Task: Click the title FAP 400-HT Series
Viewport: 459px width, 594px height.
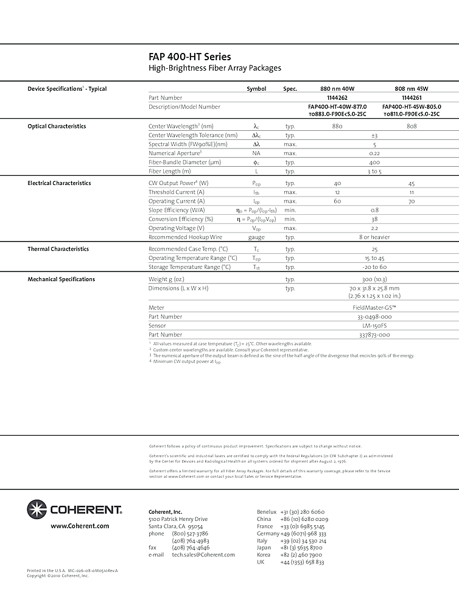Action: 190,57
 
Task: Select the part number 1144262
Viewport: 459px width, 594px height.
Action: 337,97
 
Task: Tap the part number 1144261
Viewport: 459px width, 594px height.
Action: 412,97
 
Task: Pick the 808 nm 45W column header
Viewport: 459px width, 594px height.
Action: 412,89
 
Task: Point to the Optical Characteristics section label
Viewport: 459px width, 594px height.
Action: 57,127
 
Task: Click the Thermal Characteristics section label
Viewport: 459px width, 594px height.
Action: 58,249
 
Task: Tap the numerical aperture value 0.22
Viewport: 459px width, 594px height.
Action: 374,153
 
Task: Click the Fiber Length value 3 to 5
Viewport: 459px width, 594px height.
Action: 374,172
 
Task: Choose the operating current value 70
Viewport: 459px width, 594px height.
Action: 412,201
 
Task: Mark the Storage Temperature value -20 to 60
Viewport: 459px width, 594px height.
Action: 374,267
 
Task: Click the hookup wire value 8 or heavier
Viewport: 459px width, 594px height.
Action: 374,237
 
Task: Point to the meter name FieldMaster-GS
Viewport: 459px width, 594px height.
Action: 374,308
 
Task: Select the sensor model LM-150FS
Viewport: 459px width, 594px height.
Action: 374,326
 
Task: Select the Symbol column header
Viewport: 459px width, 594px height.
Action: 256,89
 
